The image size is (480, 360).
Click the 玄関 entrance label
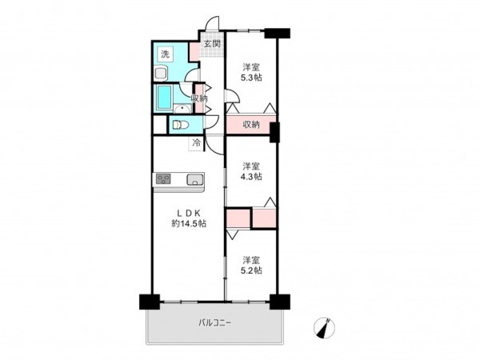coord(211,44)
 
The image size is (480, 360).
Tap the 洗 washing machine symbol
coord(165,54)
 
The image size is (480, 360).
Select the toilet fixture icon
coord(180,125)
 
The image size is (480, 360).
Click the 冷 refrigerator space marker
coord(196,143)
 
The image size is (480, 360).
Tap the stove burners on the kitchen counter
coord(165,179)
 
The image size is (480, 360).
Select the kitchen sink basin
coord(194,179)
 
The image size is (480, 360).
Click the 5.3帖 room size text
coord(252,78)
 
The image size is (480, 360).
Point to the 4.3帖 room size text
coord(252,176)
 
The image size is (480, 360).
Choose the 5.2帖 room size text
coord(252,270)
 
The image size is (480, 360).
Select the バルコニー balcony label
coord(214,322)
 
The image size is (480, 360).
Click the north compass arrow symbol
coord(326,326)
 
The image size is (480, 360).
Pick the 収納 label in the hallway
coord(199,98)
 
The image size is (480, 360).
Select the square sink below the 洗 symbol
coord(161,74)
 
